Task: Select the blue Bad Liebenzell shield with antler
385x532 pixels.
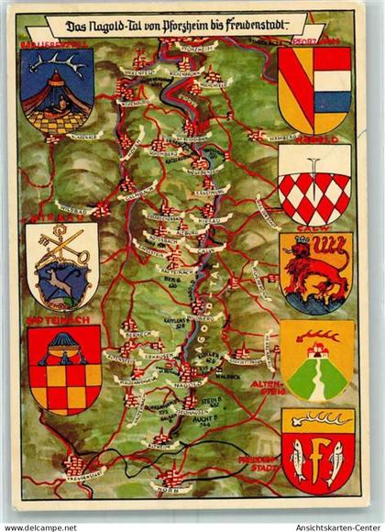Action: pyautogui.click(x=57, y=90)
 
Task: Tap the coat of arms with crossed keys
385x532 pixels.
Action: pyautogui.click(x=61, y=266)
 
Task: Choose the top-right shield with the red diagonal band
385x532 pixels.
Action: pyautogui.click(x=314, y=88)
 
